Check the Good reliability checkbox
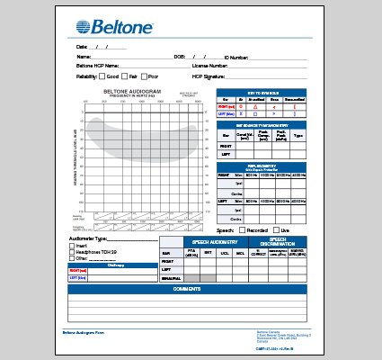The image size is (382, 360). coord(102,76)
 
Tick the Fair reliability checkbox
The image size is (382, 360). coord(125,76)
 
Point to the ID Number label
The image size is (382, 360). coord(236,57)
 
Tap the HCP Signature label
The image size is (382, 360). coord(209,76)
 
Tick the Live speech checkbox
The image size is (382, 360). coord(278,230)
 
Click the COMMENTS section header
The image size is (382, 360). coord(187,289)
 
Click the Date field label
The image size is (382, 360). coord(82,47)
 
